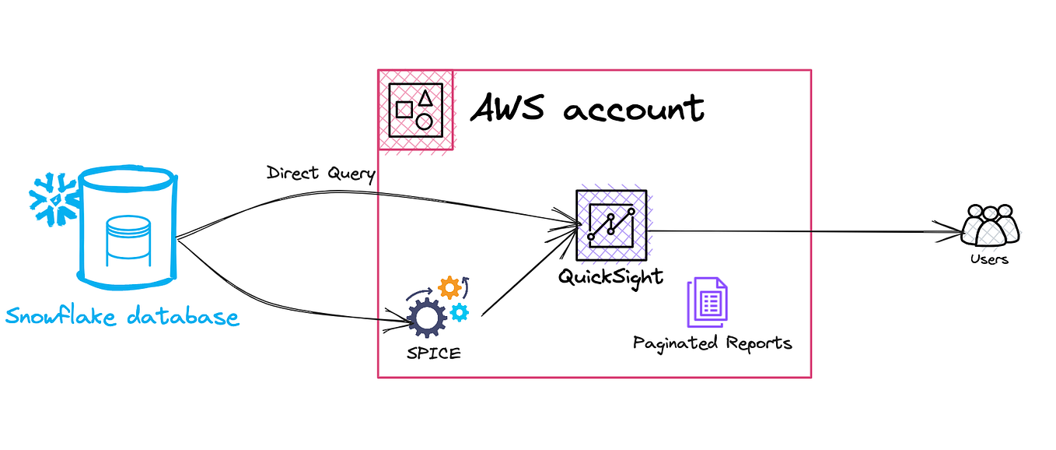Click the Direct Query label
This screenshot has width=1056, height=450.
[320, 173]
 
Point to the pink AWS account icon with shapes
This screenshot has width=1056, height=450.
[415, 110]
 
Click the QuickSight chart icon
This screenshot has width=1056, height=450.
[610, 224]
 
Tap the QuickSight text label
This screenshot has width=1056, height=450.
[610, 276]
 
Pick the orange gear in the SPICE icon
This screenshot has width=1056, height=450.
[449, 288]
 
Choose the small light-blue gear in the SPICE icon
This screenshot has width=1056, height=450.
[460, 313]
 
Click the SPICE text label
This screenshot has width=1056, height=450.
[433, 353]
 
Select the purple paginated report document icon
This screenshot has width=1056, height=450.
[708, 303]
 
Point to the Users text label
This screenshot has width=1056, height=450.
[989, 259]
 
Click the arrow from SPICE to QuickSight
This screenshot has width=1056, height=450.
[529, 272]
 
